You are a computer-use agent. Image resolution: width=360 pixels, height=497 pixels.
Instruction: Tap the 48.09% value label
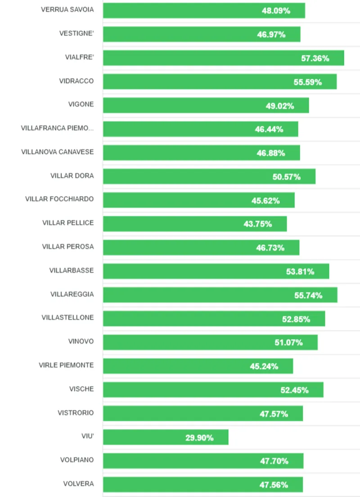pyautogui.click(x=276, y=11)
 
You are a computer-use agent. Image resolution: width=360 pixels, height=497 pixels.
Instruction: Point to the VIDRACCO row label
pyautogui.click(x=76, y=81)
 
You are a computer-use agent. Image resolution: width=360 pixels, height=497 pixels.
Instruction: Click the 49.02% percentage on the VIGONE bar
pyautogui.click(x=280, y=106)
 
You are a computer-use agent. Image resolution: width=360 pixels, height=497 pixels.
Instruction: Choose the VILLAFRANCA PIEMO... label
pyautogui.click(x=57, y=128)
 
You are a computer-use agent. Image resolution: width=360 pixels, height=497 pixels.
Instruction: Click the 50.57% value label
pyautogui.click(x=287, y=177)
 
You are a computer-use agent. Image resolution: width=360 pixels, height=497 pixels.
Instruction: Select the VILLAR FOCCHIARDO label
pyautogui.click(x=59, y=199)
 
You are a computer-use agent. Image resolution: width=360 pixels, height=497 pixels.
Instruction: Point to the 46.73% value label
pyautogui.click(x=270, y=248)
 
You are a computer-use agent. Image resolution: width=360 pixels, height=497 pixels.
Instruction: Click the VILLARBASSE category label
pyautogui.click(x=72, y=270)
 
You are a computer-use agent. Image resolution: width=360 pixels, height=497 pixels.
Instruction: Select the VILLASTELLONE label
pyautogui.click(x=67, y=318)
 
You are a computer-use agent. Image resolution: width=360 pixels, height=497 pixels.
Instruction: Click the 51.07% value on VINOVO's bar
pyautogui.click(x=289, y=343)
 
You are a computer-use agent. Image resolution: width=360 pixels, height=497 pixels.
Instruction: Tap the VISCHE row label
pyautogui.click(x=81, y=389)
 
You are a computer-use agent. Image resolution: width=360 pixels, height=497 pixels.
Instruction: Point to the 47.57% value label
pyautogui.click(x=274, y=414)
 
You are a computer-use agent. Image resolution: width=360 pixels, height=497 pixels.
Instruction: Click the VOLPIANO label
pyautogui.click(x=77, y=460)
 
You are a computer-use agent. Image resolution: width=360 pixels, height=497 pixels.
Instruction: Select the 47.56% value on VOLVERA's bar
pyautogui.click(x=274, y=485)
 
